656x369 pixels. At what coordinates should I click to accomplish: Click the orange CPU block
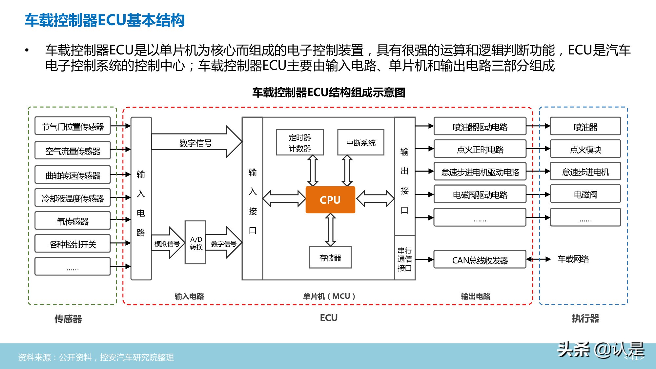330,200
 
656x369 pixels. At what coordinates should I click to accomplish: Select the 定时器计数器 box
300,143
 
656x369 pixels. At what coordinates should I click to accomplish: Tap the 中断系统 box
361,143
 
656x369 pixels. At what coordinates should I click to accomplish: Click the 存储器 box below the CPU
330,258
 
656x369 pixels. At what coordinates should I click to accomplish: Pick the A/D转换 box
196,243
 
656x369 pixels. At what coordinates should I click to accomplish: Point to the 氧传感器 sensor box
72,221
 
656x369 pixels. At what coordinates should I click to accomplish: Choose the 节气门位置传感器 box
72,126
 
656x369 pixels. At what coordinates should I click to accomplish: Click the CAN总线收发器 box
480,260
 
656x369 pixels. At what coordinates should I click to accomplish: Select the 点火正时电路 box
480,149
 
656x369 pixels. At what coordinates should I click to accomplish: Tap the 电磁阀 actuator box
585,195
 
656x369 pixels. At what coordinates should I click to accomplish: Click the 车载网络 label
573,259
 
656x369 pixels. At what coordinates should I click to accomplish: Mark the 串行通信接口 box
404,259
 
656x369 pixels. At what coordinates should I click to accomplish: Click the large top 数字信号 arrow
196,142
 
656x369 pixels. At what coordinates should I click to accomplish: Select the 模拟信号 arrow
167,244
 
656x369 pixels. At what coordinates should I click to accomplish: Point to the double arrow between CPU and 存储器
330,230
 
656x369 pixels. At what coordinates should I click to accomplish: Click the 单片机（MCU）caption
329,296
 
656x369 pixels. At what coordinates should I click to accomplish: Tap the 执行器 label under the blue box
585,318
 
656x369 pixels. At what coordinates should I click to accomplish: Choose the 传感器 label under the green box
68,318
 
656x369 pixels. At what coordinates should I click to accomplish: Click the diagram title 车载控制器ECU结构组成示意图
329,92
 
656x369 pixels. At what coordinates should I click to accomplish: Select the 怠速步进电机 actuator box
585,172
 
